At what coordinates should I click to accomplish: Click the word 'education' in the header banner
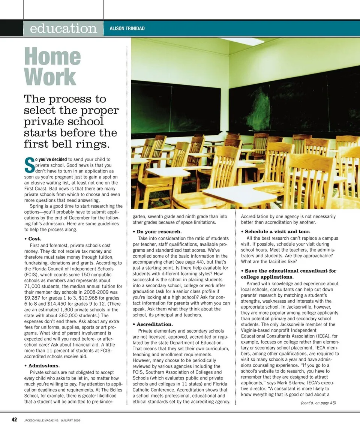63,28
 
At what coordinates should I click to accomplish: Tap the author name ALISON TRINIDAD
127,28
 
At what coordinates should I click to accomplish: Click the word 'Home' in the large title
52,57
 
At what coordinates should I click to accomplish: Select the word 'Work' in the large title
50,77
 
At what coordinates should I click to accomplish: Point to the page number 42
13,420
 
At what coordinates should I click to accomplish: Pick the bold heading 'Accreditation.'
154,324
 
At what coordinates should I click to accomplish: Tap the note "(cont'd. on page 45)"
318,403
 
